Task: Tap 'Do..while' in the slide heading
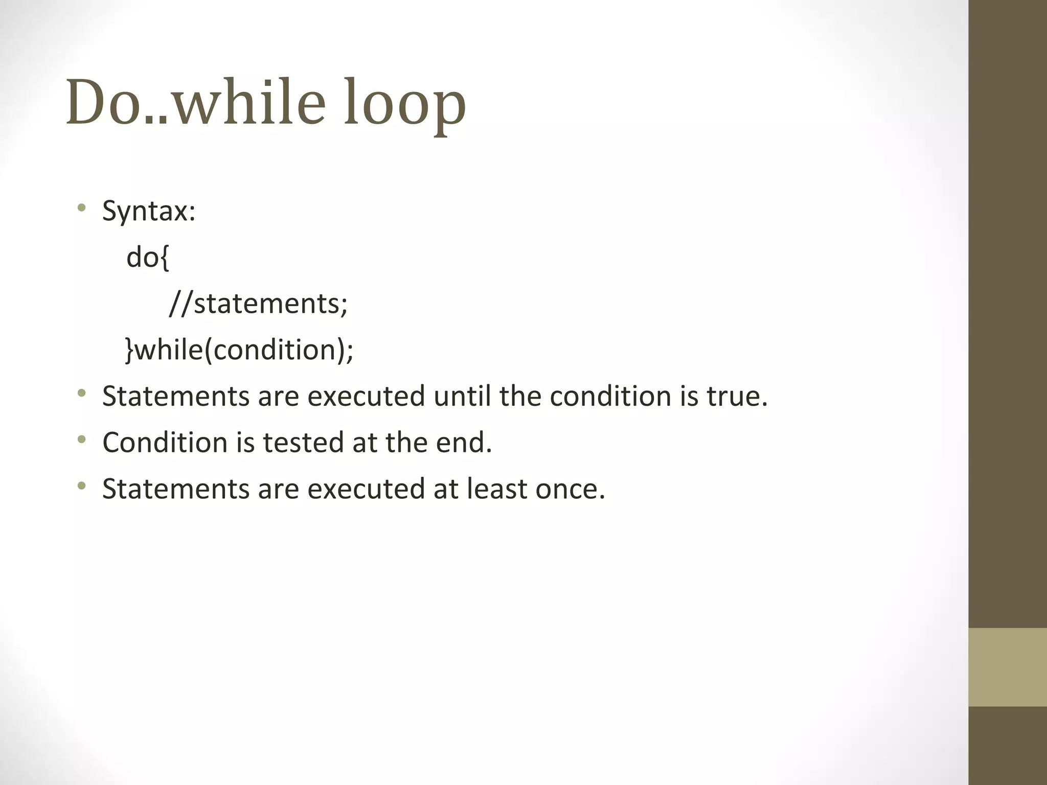pos(195,102)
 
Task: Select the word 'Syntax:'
pos(149,211)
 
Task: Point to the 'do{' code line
pos(147,257)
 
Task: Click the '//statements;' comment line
pos(258,303)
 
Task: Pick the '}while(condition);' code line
pos(239,350)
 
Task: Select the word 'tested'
pos(303,442)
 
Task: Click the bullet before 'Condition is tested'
pos(81,440)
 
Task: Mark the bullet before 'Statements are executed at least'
pos(81,486)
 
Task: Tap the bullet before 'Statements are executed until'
pos(81,394)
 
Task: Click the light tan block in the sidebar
pos(1008,667)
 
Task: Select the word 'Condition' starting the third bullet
pos(165,442)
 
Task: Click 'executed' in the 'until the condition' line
pos(366,396)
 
